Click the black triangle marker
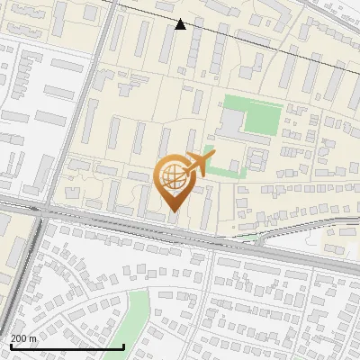(181, 24)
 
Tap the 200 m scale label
(23, 338)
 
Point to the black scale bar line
(67, 346)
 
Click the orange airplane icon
(197, 165)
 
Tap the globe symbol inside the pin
(174, 176)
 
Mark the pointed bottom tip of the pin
(174, 211)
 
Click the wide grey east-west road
(135, 230)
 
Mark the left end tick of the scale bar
(10, 346)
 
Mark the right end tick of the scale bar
(123, 346)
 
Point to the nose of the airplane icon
(213, 155)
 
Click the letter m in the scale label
(32, 338)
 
